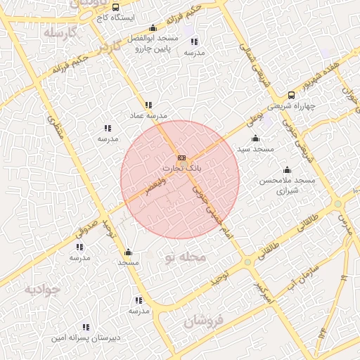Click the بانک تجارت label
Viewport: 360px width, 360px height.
[x=181, y=169]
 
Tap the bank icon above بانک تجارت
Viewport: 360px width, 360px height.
[x=182, y=157]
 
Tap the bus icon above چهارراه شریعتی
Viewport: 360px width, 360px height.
[x=291, y=95]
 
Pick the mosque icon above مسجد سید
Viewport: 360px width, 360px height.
[x=255, y=138]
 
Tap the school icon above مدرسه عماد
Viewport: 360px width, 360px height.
[x=148, y=104]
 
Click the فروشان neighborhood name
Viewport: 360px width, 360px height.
[x=205, y=321]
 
